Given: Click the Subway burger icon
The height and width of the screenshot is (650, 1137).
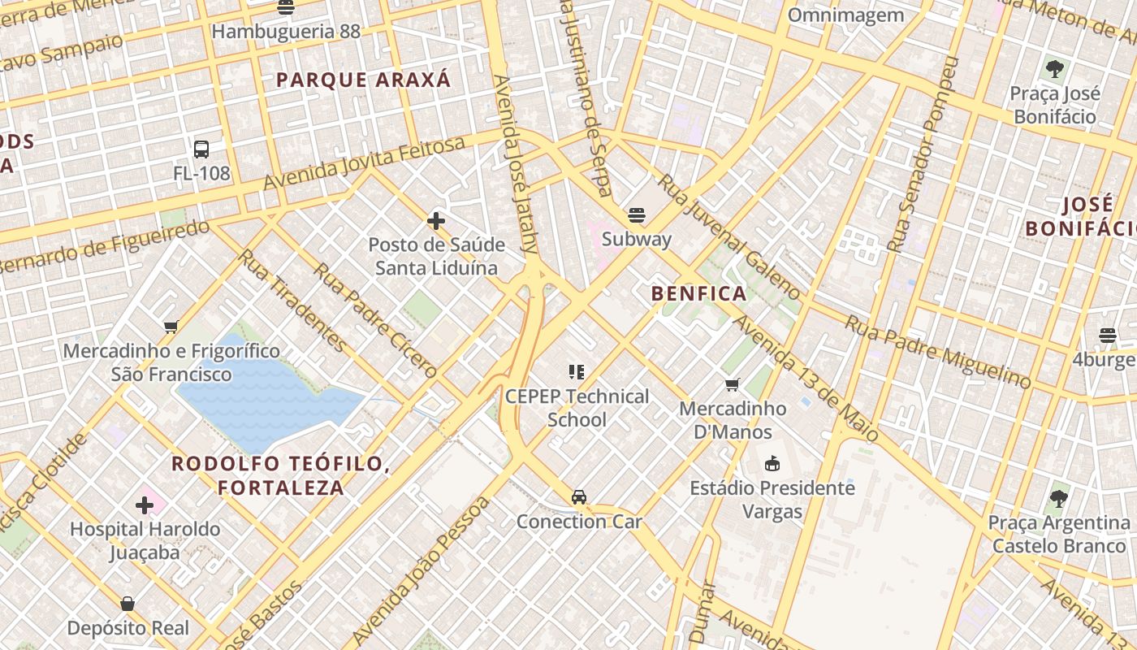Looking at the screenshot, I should coord(637,215).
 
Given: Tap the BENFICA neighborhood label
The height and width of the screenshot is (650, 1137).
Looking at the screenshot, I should coord(699,293).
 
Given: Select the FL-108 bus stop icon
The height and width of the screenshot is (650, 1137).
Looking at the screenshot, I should coord(201,149).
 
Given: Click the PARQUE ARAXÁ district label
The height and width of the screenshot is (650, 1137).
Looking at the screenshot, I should coord(363,80).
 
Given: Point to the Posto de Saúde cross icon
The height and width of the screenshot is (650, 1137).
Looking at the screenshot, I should coord(436,220).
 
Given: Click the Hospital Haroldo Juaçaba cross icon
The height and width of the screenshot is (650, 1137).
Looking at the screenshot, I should coord(145,505).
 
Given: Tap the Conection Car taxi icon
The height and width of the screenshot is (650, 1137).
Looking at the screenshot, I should coord(579,496).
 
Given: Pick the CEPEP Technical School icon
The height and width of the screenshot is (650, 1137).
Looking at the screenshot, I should coord(577,372).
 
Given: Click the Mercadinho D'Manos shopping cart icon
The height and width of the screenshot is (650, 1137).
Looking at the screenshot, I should coord(733,383).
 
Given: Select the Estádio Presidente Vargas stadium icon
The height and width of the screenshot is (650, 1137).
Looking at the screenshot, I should coord(772,464).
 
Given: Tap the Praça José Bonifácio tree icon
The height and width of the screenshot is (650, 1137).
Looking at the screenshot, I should coord(1055,69).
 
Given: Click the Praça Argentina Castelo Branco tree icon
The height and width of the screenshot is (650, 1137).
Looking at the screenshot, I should coord(1058,498).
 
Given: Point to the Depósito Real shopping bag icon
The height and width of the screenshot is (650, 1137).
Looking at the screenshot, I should coord(128,604).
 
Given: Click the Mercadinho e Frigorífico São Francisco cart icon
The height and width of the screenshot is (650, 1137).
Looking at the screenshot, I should coord(171,327).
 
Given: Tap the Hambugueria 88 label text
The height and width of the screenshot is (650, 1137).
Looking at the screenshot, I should coord(286,32).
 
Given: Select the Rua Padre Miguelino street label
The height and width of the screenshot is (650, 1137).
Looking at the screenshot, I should coord(938,351).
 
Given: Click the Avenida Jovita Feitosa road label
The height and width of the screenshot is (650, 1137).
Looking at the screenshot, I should coord(365,164).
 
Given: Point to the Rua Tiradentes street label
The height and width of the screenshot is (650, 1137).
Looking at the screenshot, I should coord(292,301).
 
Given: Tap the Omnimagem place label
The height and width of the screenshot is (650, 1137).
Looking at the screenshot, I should coord(845,15).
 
